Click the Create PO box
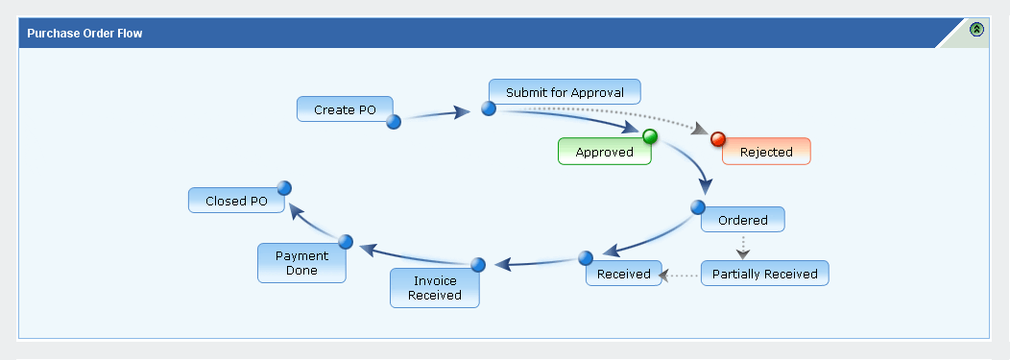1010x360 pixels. point(345,108)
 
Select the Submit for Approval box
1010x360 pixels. point(565,92)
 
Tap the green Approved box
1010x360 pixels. point(604,152)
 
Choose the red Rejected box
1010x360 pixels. point(766,152)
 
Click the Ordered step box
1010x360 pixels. point(743,220)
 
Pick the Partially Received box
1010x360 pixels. point(764,273)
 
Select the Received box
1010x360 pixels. point(623,273)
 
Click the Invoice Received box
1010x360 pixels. point(435,288)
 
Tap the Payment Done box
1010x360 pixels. point(301,263)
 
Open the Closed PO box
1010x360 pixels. point(236,201)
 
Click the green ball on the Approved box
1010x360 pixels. point(650,136)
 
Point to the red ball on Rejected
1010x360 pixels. point(717,139)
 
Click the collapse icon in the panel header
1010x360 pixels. point(976,29)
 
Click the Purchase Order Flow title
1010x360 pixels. point(84,34)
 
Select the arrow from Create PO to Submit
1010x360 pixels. point(438,114)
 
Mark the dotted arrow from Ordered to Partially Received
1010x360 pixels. point(743,247)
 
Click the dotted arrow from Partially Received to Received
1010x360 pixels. point(679,276)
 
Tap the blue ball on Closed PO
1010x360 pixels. point(284,188)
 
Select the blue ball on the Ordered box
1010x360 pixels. point(698,207)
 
